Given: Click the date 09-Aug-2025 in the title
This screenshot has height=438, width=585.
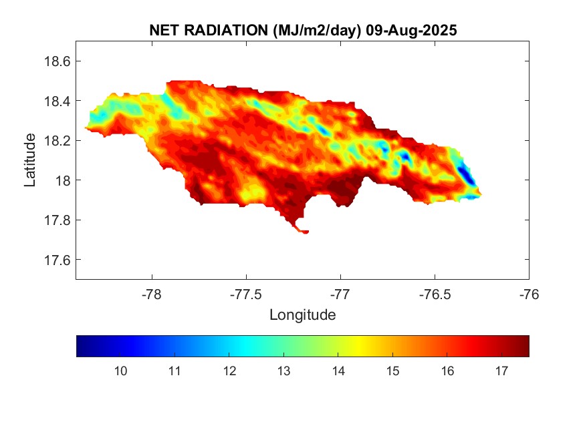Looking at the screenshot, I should pyautogui.click(x=412, y=31).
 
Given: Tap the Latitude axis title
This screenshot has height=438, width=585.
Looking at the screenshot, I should pyautogui.click(x=30, y=160).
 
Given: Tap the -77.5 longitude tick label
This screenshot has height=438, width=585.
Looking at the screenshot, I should pyautogui.click(x=246, y=293).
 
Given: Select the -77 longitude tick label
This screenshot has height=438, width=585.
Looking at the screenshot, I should pyautogui.click(x=340, y=293).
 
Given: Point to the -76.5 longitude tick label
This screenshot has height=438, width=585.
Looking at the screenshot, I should pyautogui.click(x=435, y=293).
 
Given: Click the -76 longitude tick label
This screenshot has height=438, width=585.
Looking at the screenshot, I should pyautogui.click(x=529, y=293).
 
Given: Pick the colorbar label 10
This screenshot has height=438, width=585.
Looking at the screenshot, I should pyautogui.click(x=120, y=371).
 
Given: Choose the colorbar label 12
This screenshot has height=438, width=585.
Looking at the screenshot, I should pyautogui.click(x=229, y=371).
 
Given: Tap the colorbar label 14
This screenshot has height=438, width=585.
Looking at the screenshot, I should pyautogui.click(x=337, y=371).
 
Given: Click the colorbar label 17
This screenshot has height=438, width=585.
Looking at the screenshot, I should pyautogui.click(x=499, y=371).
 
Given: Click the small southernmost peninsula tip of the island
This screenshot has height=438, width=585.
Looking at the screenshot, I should pyautogui.click(x=304, y=232).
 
